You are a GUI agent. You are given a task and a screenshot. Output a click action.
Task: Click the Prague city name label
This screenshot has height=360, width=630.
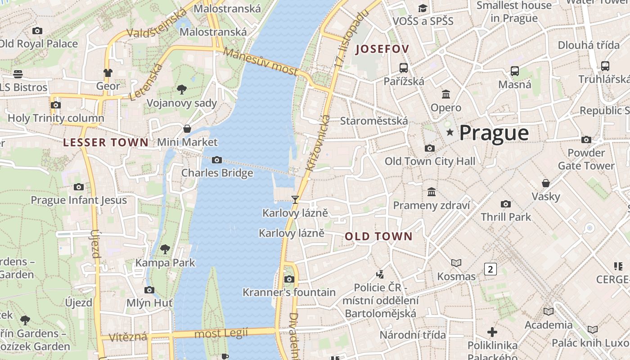pos(494,133)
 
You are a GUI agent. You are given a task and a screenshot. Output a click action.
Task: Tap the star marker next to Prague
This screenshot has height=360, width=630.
pos(450,132)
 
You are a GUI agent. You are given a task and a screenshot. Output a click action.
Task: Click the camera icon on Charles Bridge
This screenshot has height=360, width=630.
pos(217,160)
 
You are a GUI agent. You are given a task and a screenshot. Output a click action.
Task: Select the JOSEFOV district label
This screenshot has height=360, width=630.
pos(382,49)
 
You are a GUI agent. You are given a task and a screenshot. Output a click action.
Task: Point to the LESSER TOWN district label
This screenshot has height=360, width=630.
pos(106,143)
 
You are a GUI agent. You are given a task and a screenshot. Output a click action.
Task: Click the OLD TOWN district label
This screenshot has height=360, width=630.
pos(378,236)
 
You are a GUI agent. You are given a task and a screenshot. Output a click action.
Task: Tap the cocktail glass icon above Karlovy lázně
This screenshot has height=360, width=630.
pos(295,199)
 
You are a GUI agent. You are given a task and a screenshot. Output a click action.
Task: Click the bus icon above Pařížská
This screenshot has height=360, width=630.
pos(404,68)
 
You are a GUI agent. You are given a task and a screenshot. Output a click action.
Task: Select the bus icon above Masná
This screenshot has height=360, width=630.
pos(515,71)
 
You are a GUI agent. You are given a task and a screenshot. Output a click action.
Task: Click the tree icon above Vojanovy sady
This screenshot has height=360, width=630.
pos(182,89)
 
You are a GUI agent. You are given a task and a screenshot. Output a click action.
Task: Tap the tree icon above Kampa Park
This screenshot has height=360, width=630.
pos(165,249)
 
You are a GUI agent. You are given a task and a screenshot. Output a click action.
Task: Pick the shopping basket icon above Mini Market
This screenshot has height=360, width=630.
pos(187,129)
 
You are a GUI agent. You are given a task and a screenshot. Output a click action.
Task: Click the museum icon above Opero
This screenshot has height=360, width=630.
pos(446,94)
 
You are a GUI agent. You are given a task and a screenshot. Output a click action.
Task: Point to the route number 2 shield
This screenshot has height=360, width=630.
pos(490,269)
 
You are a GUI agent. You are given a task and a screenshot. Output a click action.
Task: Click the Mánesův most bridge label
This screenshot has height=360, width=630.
pos(261,62)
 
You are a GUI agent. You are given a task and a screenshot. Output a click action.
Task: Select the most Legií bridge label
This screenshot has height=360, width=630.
pos(221,333)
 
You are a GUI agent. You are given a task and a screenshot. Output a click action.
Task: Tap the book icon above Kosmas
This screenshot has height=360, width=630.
pos(456,263)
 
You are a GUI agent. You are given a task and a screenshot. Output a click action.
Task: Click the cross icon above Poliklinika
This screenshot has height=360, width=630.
pos(492,332)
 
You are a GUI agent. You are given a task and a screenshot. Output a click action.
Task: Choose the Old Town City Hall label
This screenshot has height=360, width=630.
pos(430,161)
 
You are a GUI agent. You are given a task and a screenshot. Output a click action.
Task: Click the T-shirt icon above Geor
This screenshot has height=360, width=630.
pos(108,72)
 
